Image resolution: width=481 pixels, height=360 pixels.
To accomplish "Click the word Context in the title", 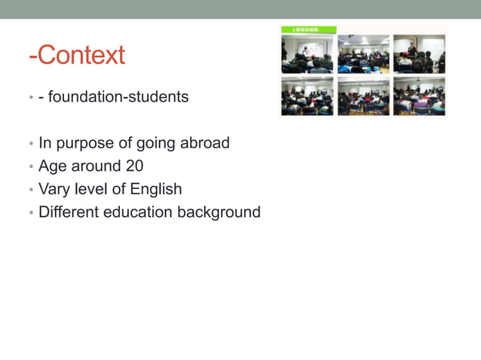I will coord(81,55).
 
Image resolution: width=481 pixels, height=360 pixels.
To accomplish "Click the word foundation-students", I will coord(118,97).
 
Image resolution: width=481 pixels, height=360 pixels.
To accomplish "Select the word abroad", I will coord(205,143).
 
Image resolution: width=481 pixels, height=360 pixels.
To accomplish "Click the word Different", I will coord(66,212).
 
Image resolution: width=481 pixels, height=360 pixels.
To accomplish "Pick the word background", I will coord(219,212).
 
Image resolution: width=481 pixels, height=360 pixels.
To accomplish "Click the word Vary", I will coord(52,189).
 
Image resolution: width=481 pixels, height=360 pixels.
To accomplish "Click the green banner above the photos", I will coord(308,29).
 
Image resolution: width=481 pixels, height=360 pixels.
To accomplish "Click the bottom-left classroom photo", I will coord(307,96).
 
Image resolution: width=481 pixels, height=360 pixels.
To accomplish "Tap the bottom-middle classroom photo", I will coord(363,96).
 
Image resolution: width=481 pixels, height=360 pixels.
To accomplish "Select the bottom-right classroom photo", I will coord(419,96).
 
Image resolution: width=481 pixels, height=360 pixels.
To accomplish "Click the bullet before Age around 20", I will coord(31,166).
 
